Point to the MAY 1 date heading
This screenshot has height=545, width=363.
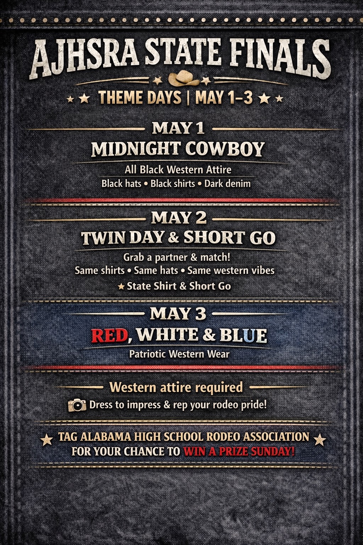pos(178,128)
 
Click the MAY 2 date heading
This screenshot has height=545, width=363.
pos(179,218)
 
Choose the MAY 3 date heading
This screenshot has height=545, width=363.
pos(178,313)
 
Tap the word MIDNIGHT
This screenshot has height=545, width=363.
pos(136,149)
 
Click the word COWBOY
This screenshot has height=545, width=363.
pos(225,149)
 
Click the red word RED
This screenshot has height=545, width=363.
pos(110,335)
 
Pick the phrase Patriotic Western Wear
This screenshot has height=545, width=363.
pos(179,354)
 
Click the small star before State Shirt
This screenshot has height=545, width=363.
pos(121,286)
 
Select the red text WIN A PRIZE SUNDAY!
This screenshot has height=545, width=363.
pos(239,452)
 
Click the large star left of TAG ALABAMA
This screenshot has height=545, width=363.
pos(46,440)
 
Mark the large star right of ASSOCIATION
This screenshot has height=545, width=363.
pos(320,440)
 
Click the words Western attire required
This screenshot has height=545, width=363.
pos(176,387)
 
